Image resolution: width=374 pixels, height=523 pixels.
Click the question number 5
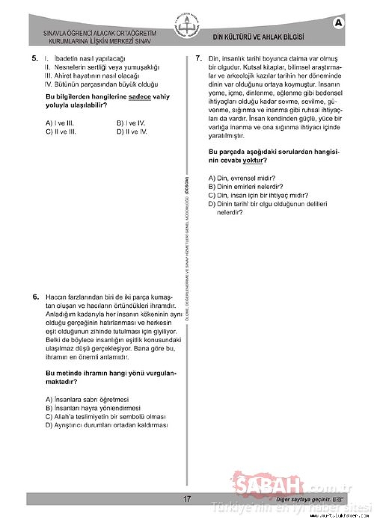(35, 59)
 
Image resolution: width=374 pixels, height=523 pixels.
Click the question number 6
(36, 297)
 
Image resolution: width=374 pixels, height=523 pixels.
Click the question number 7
(198, 58)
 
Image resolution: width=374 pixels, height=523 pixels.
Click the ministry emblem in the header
(187, 28)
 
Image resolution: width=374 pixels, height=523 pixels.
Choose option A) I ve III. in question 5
(60, 123)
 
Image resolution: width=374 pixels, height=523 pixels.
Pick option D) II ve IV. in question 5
(132, 132)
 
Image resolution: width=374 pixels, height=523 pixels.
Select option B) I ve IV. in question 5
(131, 123)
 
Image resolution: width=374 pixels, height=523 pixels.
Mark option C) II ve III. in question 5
(61, 132)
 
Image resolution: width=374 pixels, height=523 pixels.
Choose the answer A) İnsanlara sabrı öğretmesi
(87, 400)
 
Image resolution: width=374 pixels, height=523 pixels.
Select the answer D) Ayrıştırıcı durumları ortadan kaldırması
(107, 425)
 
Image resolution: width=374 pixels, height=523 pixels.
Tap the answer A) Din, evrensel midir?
(242, 178)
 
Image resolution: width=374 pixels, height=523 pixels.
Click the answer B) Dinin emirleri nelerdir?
(245, 186)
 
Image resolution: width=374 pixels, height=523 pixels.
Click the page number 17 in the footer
(187, 499)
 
